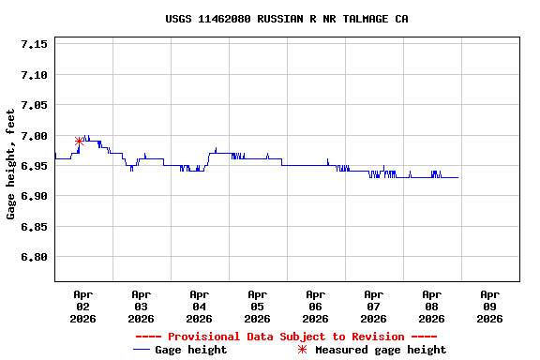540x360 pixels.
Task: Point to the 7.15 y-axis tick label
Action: [x=34, y=44]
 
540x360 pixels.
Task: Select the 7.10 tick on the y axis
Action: [x=34, y=75]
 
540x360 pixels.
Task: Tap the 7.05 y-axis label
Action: [x=34, y=105]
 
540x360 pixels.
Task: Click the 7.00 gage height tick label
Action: [x=34, y=136]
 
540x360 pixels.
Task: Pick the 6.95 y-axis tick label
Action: [x=34, y=166]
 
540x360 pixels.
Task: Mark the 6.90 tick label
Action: [x=34, y=196]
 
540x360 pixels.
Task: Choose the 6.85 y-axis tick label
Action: [x=34, y=227]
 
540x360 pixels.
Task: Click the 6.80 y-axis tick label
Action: [x=34, y=257]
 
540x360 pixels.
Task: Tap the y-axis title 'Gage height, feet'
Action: [x=11, y=164]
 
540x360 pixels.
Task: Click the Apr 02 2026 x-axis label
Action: [x=82, y=306]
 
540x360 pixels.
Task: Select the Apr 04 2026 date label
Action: [x=199, y=306]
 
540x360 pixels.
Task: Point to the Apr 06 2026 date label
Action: [x=315, y=306]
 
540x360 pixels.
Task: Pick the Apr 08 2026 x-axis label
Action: [x=431, y=306]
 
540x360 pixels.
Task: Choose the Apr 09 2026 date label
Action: [x=489, y=306]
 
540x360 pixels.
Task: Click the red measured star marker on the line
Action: [x=80, y=142]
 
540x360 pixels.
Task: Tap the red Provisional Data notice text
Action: [x=286, y=337]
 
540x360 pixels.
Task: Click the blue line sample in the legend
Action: [x=142, y=350]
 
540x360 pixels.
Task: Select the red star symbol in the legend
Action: [x=302, y=350]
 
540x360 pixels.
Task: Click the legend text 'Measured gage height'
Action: [x=381, y=350]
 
